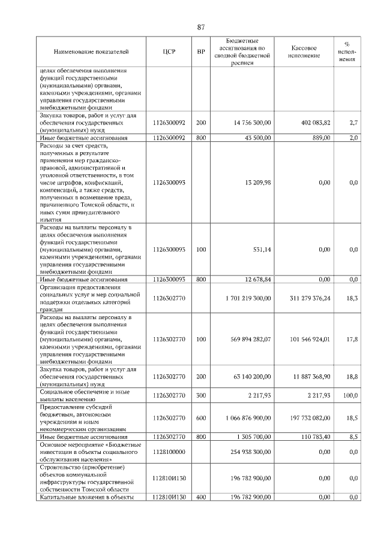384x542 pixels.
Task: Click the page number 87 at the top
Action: [201, 26]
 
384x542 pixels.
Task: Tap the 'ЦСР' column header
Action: [169, 52]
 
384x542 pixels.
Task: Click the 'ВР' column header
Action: [201, 52]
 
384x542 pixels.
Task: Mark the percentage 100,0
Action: [350, 395]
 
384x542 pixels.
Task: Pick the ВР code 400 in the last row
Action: [201, 497]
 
